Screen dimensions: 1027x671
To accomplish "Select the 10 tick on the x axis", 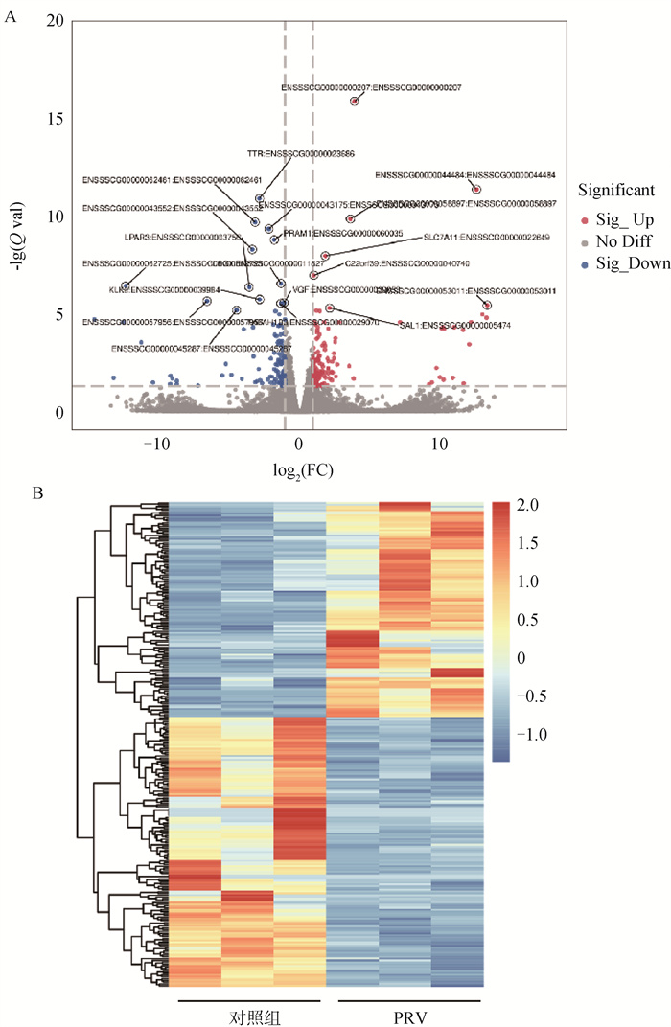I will click(439, 444).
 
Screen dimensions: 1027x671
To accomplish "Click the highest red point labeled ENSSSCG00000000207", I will click(355, 101).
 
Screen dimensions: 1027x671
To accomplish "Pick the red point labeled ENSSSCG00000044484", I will click(476, 189).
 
